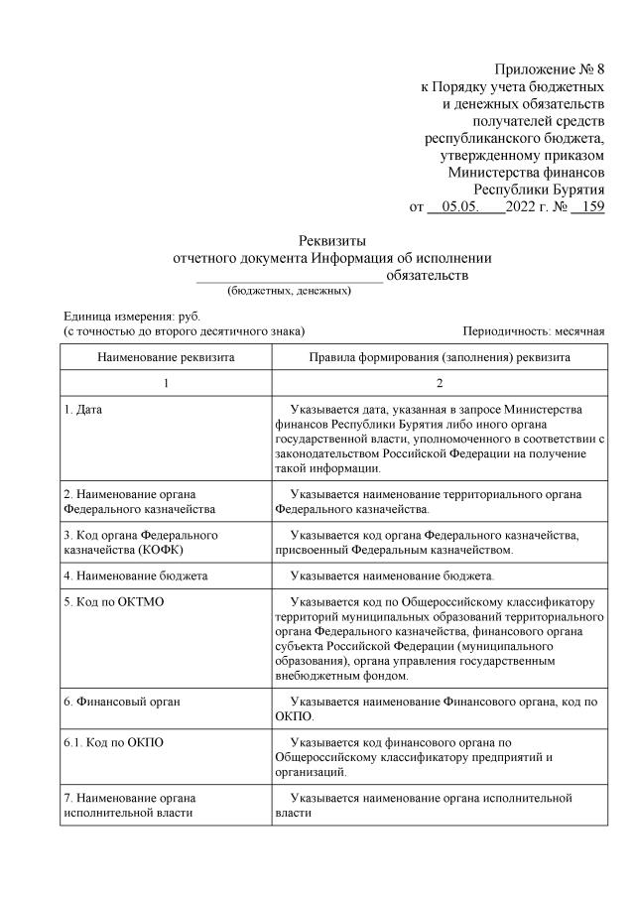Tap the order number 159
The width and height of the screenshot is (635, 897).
[x=589, y=207]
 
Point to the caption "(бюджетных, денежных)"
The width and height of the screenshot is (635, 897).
[x=289, y=291]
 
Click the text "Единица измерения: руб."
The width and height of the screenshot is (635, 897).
[x=118, y=315]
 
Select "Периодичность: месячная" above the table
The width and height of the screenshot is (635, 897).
[x=533, y=330]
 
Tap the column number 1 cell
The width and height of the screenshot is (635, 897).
[x=166, y=383]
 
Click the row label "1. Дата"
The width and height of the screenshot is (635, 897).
[x=82, y=409]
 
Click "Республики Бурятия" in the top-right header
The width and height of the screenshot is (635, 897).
[x=539, y=189]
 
